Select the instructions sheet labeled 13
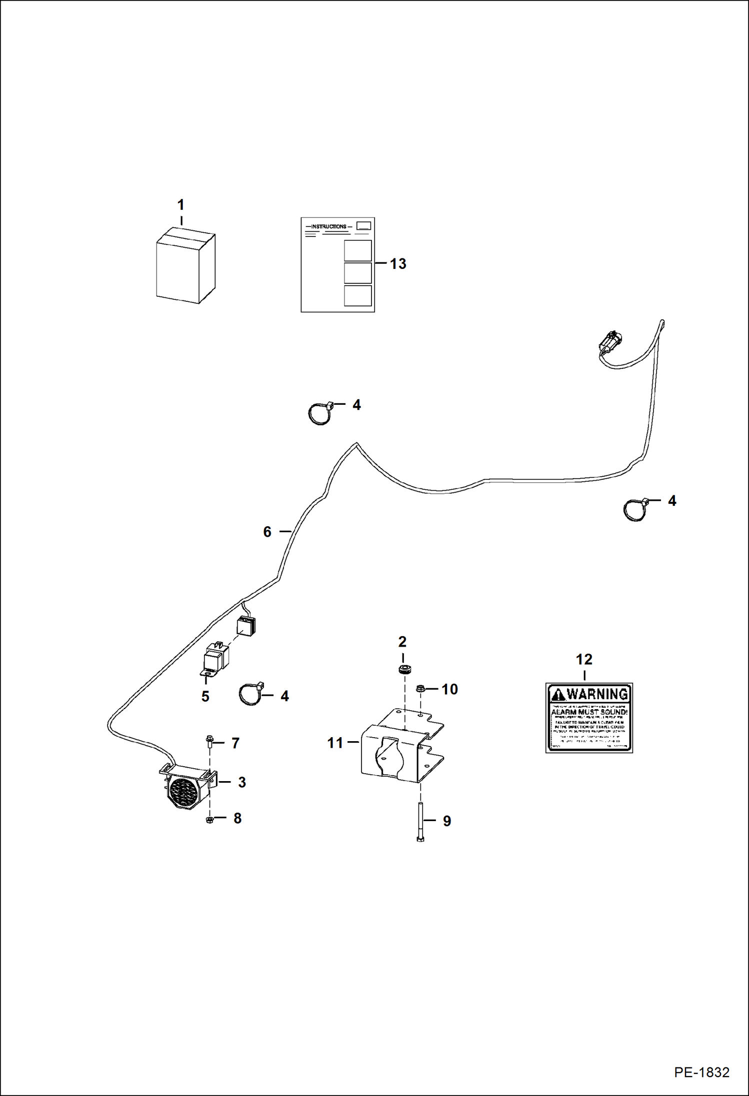point(337,265)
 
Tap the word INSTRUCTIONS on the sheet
point(328,226)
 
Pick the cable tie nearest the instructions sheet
point(320,413)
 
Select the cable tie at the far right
point(635,509)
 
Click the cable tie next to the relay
point(250,694)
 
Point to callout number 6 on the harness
point(267,532)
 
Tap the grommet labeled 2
point(403,669)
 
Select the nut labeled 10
point(420,689)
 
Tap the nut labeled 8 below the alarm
point(209,820)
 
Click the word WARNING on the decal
point(596,694)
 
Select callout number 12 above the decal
point(584,660)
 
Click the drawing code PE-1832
point(701,1073)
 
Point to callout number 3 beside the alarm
point(242,783)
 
